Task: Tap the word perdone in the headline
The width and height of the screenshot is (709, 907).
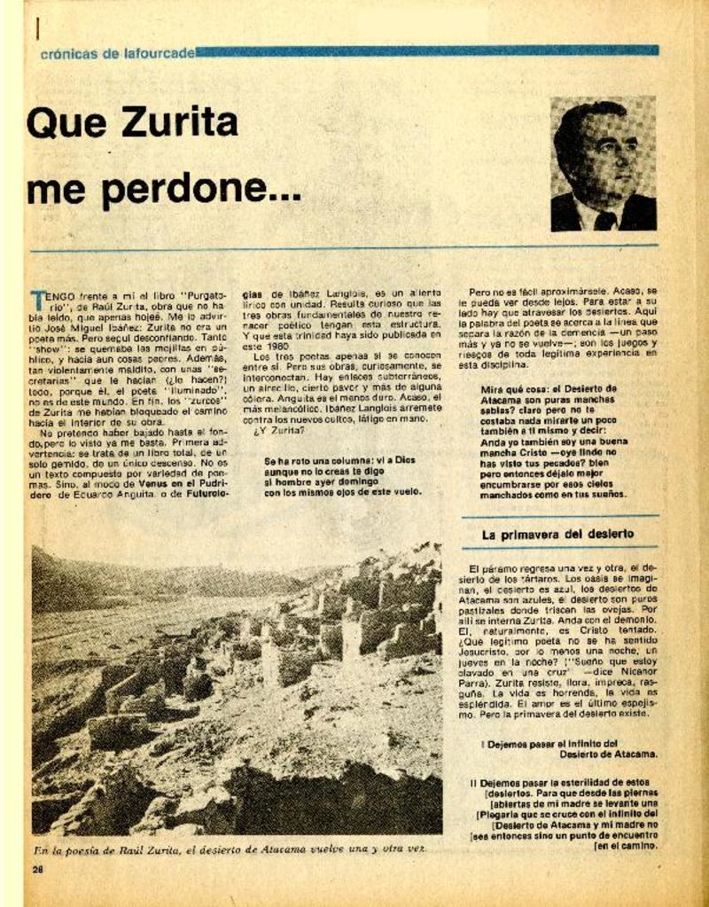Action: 207,190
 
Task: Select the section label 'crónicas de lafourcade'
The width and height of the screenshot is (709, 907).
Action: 117,53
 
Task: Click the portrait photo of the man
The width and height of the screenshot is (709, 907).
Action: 603,164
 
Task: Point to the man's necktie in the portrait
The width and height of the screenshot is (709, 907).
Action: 604,220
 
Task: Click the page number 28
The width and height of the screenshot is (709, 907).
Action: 37,869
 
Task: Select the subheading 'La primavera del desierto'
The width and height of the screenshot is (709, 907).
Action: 557,534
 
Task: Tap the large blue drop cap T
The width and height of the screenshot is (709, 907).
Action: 37,298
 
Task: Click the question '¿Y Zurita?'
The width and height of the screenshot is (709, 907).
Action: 279,432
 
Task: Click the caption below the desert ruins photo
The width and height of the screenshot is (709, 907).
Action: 229,848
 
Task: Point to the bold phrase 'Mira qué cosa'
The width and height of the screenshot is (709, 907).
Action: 510,388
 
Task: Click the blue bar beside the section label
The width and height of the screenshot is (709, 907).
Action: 425,51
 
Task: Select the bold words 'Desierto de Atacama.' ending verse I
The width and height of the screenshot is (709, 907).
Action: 609,755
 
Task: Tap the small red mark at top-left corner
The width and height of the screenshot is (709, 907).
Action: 37,29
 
